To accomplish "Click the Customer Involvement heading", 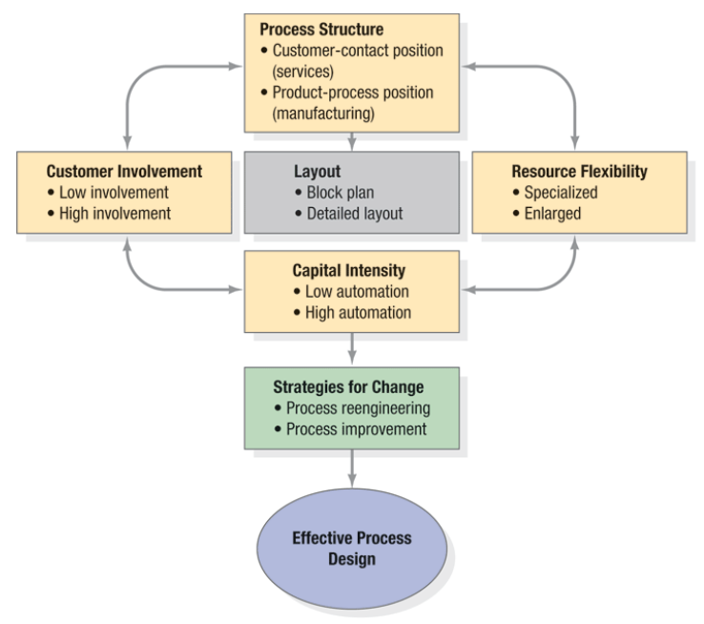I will click(x=124, y=172).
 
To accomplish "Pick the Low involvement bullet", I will click(x=113, y=193).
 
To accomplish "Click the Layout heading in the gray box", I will click(x=317, y=172).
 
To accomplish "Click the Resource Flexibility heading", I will click(x=579, y=172).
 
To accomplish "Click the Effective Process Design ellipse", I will click(x=352, y=548).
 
